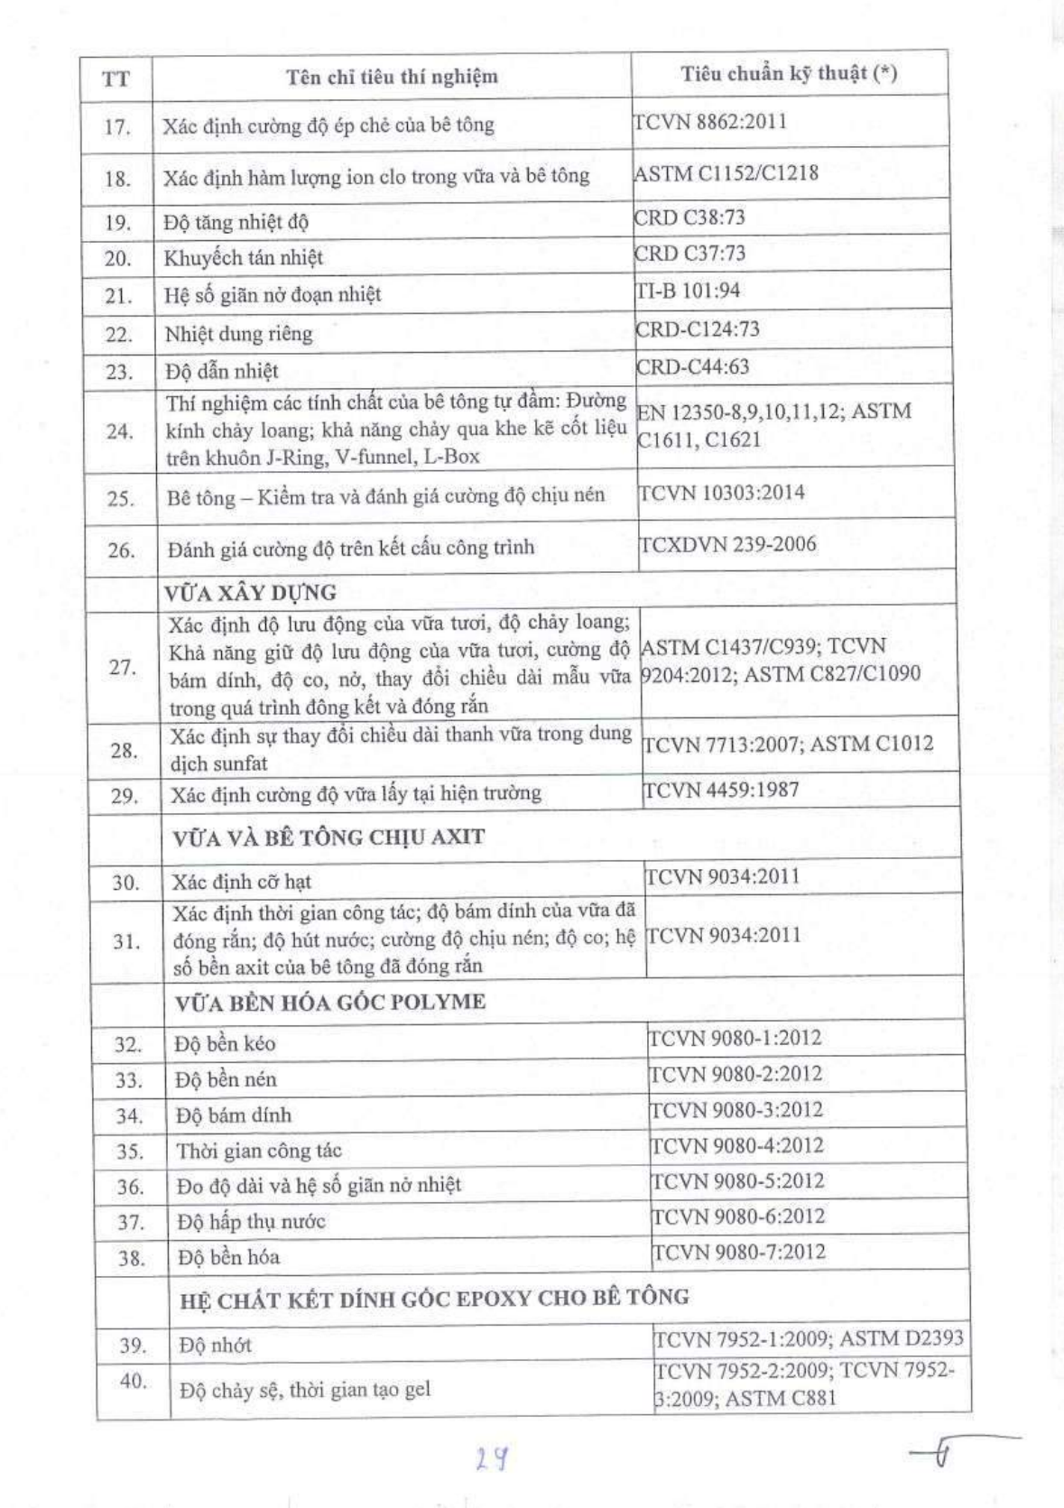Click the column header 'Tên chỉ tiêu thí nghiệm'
(x=392, y=77)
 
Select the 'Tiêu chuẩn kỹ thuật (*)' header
(x=789, y=74)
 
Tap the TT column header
(x=116, y=79)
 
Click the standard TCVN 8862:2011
(x=710, y=121)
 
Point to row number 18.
(x=117, y=179)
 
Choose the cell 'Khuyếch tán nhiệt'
(x=244, y=258)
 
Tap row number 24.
(x=119, y=431)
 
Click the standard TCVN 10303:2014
(x=722, y=493)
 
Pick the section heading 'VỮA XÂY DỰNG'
(x=250, y=593)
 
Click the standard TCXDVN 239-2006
(x=727, y=544)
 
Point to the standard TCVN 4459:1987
(x=721, y=790)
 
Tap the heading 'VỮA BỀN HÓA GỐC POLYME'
(x=330, y=1002)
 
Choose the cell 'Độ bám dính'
(x=234, y=1115)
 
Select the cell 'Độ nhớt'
(x=215, y=1346)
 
